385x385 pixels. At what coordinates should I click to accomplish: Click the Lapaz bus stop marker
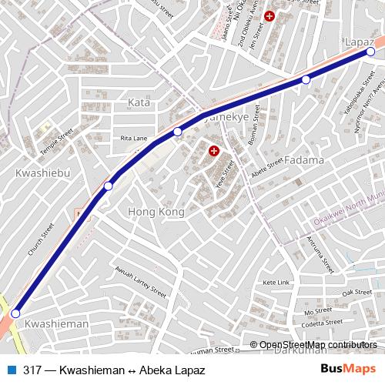point(370,52)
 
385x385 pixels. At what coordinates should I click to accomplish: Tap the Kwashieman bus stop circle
point(15,313)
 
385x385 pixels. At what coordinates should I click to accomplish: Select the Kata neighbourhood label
point(139,102)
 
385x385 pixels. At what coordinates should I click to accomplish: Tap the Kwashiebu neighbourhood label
point(43,174)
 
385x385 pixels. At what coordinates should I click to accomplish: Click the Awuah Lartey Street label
point(139,283)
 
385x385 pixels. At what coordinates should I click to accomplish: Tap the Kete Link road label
point(276,283)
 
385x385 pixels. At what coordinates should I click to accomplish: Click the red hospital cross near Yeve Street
point(214,152)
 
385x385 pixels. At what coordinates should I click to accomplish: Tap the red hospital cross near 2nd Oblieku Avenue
point(269,15)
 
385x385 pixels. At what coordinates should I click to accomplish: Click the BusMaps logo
point(350,370)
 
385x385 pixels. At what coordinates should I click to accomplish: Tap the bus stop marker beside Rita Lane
point(178,132)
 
